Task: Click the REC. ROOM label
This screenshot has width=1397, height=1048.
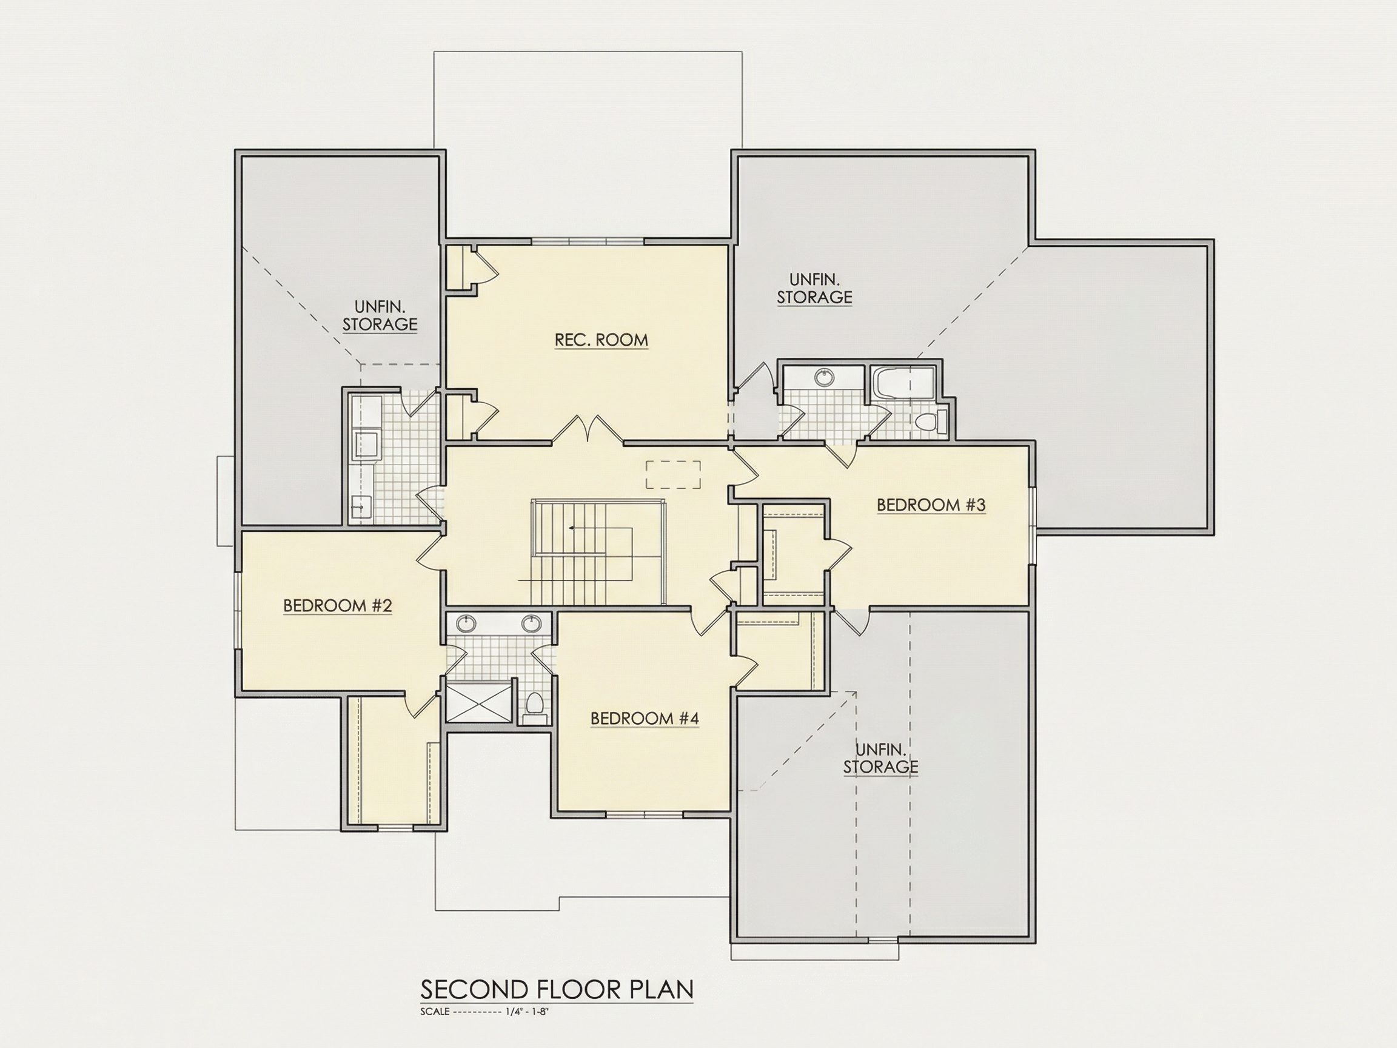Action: (601, 340)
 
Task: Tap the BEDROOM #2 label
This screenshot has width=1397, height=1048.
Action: (337, 606)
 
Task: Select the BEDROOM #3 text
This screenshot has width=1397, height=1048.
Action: (931, 505)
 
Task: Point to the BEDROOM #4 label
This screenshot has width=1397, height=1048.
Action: (644, 718)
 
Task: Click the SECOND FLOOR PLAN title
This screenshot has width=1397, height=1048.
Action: (557, 989)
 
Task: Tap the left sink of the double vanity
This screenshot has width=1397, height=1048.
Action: (467, 624)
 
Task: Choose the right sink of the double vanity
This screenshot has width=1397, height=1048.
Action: (531, 624)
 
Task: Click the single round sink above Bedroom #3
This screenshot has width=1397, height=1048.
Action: (824, 378)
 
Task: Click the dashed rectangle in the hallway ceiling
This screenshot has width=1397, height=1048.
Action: (673, 474)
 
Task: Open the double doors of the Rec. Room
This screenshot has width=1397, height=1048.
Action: (589, 429)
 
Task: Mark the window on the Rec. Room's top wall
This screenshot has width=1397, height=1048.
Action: (588, 241)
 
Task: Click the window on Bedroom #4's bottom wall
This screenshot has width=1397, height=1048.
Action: (644, 813)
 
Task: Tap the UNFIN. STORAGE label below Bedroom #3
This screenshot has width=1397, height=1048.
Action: (880, 759)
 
